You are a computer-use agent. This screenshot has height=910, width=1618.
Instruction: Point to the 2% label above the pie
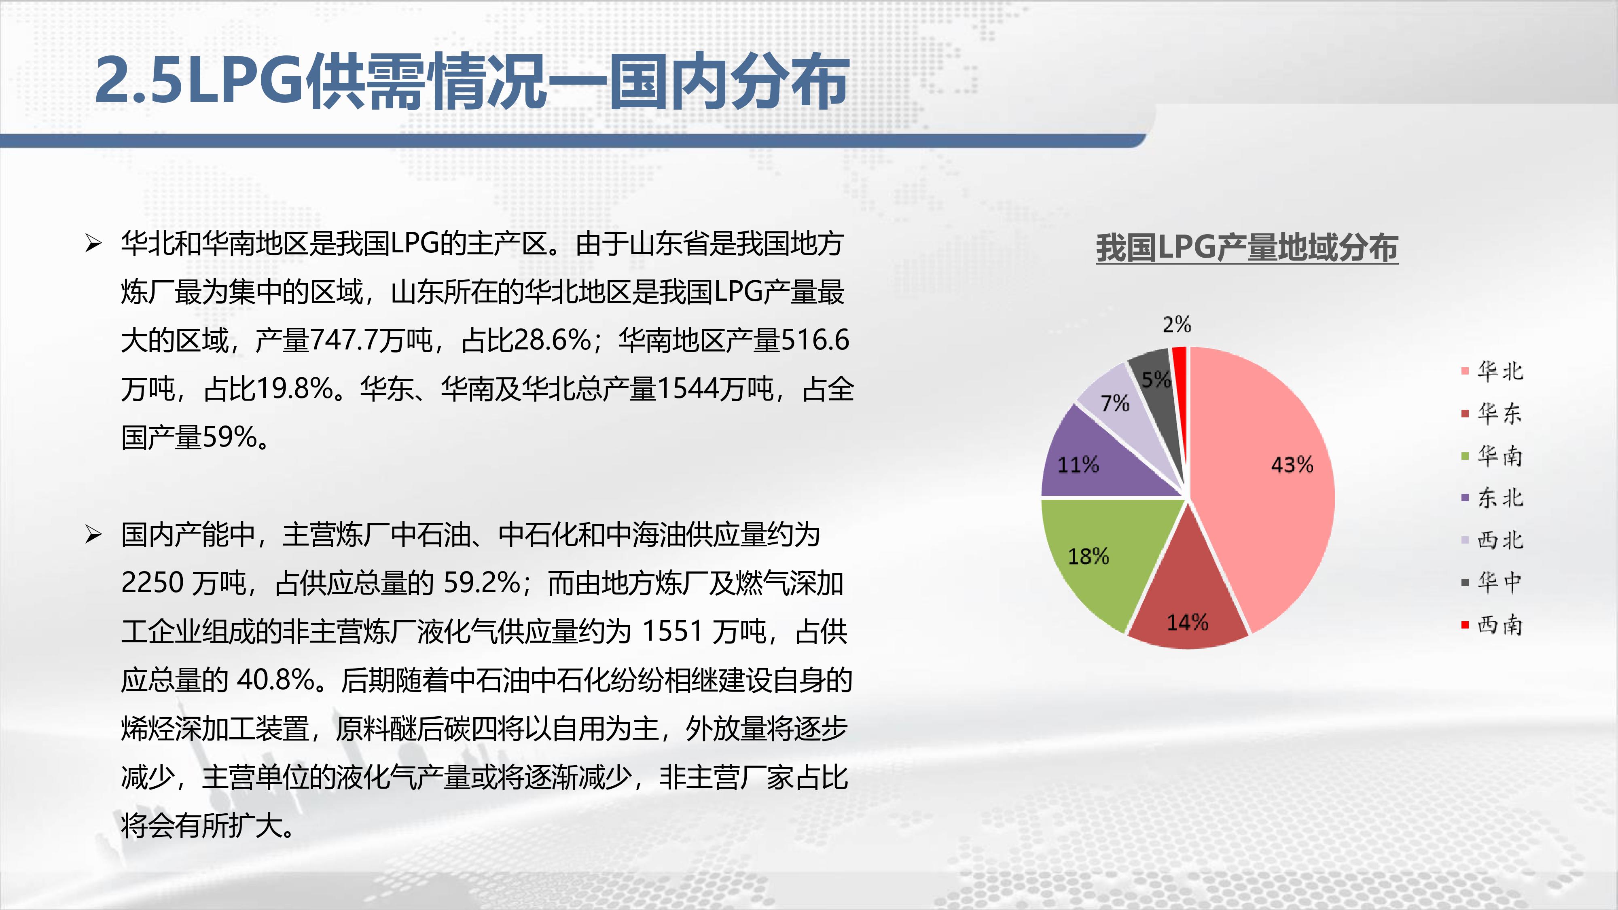1176,325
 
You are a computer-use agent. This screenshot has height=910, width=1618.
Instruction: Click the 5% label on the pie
1156,379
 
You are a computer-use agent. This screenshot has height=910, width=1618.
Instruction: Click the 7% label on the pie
1115,402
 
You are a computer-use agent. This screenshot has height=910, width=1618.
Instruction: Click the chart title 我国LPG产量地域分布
1247,248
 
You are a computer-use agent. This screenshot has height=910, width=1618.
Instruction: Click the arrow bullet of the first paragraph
93,243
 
